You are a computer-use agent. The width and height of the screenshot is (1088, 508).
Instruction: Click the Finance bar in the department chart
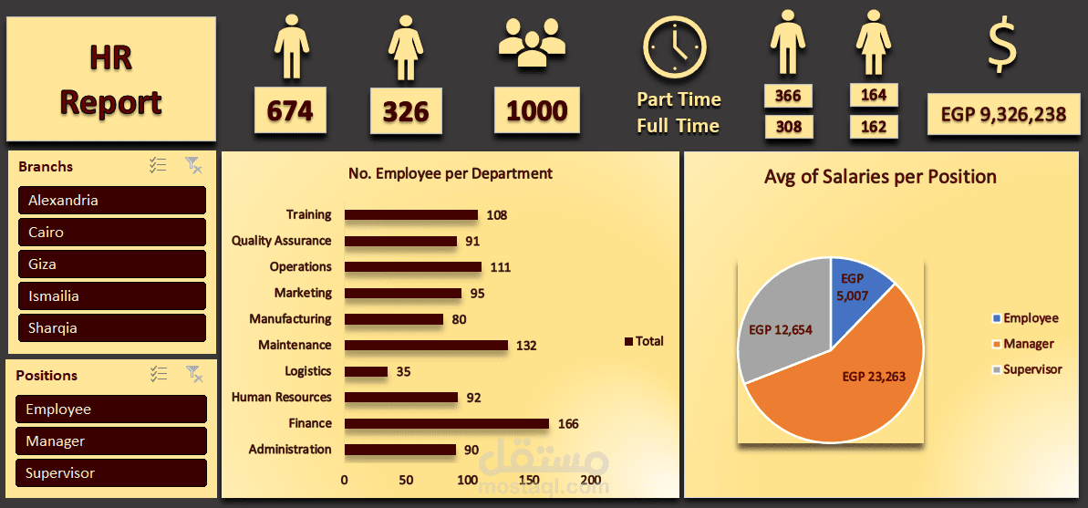point(446,423)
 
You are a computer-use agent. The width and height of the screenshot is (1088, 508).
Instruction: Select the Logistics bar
point(366,371)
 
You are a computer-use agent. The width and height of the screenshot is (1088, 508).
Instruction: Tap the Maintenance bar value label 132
point(525,346)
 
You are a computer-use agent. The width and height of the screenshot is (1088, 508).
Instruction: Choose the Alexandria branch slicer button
point(112,200)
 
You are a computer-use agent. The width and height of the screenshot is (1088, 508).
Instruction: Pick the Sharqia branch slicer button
point(112,327)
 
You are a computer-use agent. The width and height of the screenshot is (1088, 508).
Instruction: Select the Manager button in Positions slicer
point(111,441)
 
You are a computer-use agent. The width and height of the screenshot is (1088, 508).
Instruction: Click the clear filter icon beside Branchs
point(193,165)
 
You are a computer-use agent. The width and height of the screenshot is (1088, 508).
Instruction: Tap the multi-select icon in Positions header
point(159,374)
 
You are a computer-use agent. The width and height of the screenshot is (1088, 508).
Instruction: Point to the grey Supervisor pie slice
point(780,328)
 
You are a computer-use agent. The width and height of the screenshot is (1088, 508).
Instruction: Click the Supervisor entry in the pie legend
point(1031,369)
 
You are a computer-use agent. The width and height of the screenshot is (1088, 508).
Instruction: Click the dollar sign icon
point(1001,47)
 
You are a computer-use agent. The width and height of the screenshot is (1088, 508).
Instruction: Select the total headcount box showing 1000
point(536,110)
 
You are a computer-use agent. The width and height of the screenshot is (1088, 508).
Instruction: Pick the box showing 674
point(290,110)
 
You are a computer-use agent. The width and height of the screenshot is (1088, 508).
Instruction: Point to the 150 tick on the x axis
point(530,481)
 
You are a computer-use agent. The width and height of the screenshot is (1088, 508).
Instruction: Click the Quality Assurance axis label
point(281,241)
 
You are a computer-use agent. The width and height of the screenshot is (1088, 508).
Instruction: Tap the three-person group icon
point(532,44)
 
